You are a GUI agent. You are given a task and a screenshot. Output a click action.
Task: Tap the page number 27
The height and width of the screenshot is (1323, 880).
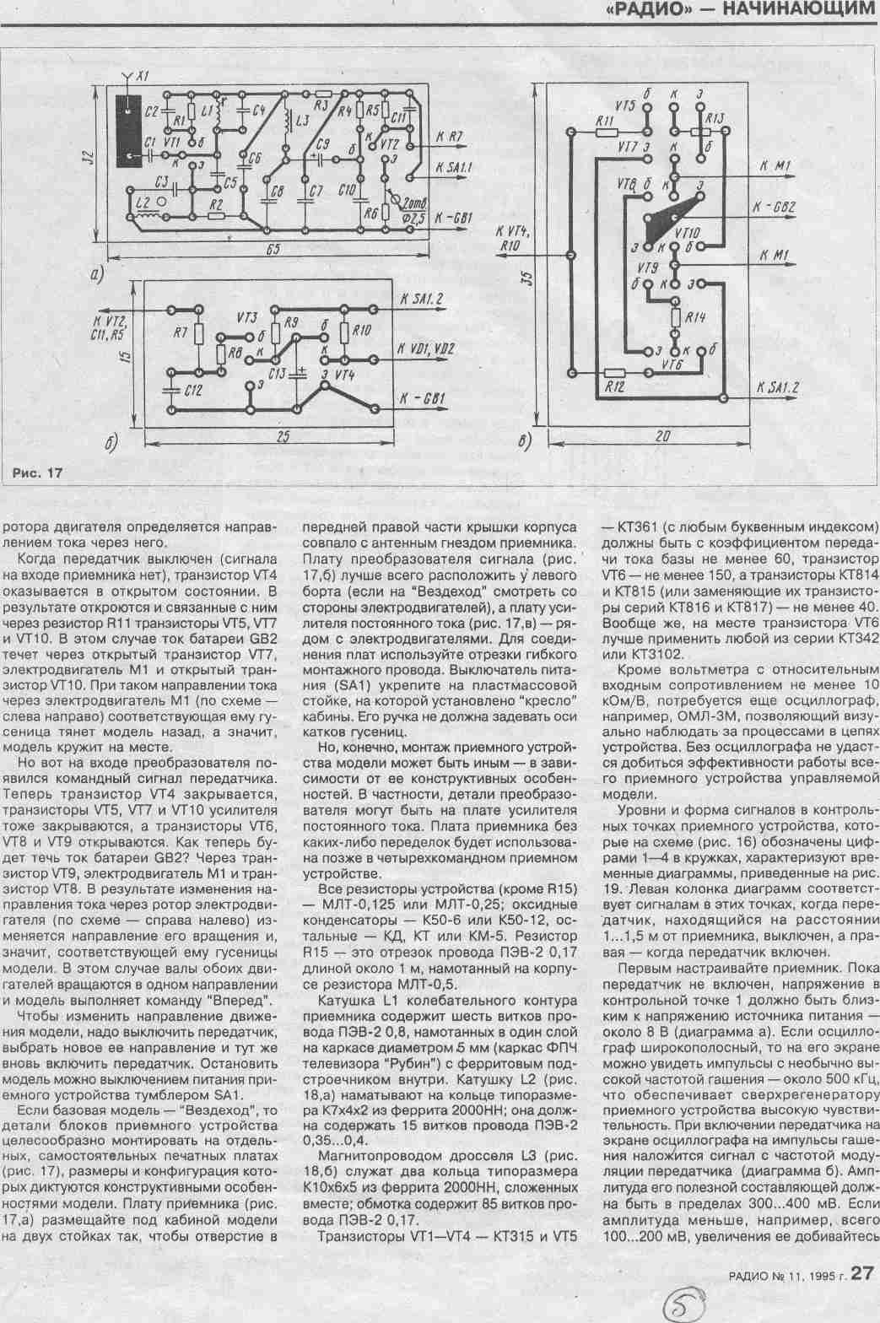tap(861, 1272)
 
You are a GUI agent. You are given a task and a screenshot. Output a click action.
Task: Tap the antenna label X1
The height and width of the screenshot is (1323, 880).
tap(143, 77)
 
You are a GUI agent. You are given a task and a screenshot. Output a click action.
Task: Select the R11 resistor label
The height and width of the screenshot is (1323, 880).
tap(603, 121)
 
